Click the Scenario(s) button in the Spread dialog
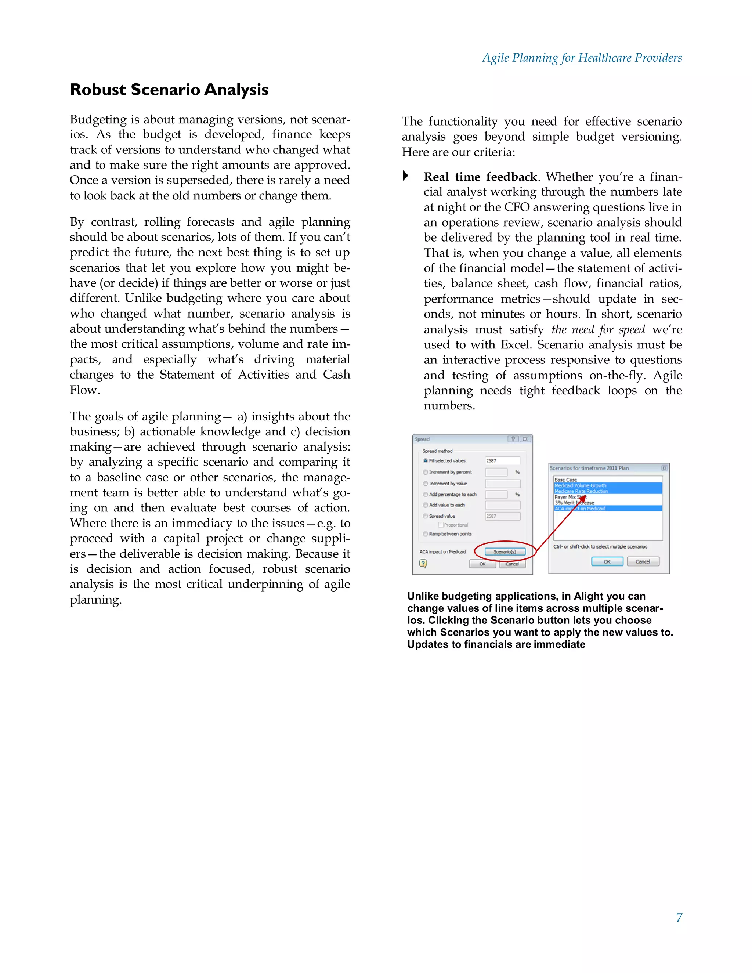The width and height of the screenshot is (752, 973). coord(505,551)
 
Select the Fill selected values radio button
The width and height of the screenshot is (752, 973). coord(426,461)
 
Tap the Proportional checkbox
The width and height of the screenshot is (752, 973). coord(441,525)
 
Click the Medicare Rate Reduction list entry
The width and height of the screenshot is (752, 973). coord(581,491)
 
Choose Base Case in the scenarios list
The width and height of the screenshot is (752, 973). coord(566,480)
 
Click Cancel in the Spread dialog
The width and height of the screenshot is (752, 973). coord(512,564)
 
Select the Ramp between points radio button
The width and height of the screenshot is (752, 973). coord(426,534)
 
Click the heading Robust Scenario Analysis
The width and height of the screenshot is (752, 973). coord(169,90)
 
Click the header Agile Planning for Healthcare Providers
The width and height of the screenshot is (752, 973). coord(582,58)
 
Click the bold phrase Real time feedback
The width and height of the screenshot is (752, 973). coord(480,177)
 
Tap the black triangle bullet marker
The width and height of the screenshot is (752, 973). coord(405,176)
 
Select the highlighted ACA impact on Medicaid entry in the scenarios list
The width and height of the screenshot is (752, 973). coord(580,508)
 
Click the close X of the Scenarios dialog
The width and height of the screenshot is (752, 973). coord(664,468)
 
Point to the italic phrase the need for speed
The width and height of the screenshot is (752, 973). coord(598,330)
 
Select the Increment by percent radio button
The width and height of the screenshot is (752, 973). coord(426,472)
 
